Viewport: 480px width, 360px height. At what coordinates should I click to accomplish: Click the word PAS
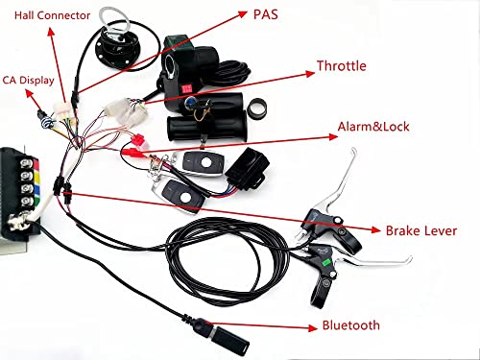pos(271,15)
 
